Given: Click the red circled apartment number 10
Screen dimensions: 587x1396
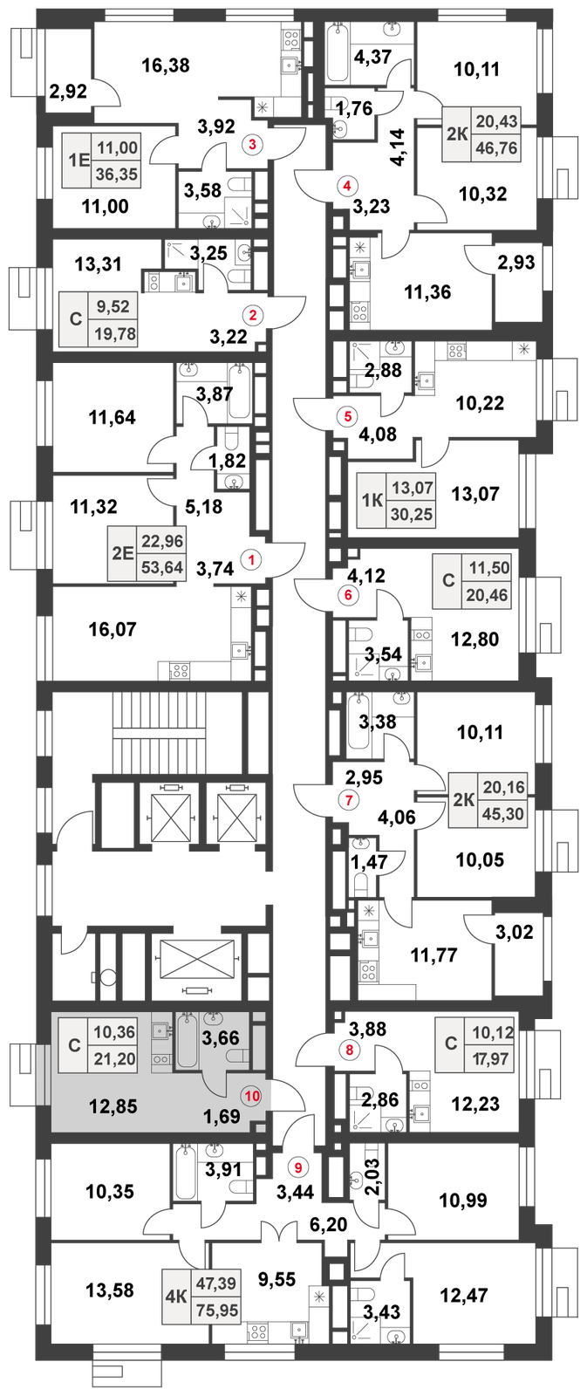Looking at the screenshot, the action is click(252, 1095).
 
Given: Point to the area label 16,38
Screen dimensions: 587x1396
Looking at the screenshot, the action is click(165, 65).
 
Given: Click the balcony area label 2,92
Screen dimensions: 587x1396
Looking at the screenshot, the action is click(68, 92).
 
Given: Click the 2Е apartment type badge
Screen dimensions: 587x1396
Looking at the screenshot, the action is click(123, 554).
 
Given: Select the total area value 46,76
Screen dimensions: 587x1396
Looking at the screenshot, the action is click(496, 149).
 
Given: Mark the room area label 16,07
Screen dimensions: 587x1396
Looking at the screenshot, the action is click(113, 629).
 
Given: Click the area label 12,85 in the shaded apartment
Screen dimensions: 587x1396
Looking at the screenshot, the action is click(113, 1106).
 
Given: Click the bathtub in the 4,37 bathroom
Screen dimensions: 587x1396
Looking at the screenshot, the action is click(338, 52).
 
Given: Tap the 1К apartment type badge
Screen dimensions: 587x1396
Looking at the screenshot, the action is click(372, 500).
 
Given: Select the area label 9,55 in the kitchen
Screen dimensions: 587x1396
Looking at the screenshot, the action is click(276, 1279).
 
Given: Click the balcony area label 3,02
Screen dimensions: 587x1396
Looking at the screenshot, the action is click(514, 933).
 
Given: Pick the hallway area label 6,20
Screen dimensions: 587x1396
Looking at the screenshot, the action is click(329, 1225).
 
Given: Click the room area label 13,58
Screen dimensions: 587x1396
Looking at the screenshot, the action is click(110, 1290).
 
